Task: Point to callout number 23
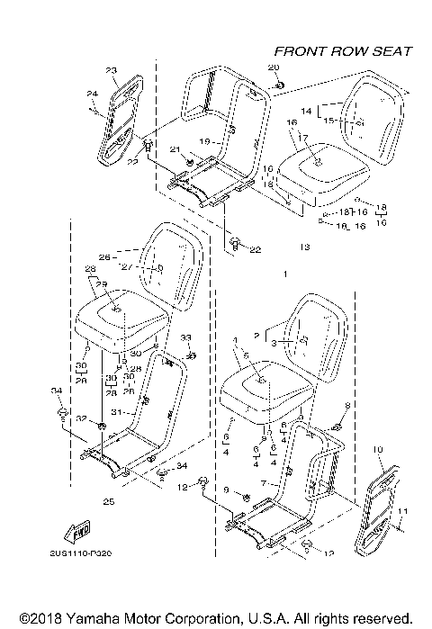(x=112, y=70)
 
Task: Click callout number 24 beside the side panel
(x=92, y=94)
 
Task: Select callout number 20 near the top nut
(x=274, y=68)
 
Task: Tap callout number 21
(x=176, y=150)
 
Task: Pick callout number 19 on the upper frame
(x=204, y=140)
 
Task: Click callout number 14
(x=305, y=110)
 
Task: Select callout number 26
(x=103, y=256)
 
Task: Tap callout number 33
(x=186, y=337)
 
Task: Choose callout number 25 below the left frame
(x=109, y=500)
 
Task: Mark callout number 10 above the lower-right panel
(x=376, y=448)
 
